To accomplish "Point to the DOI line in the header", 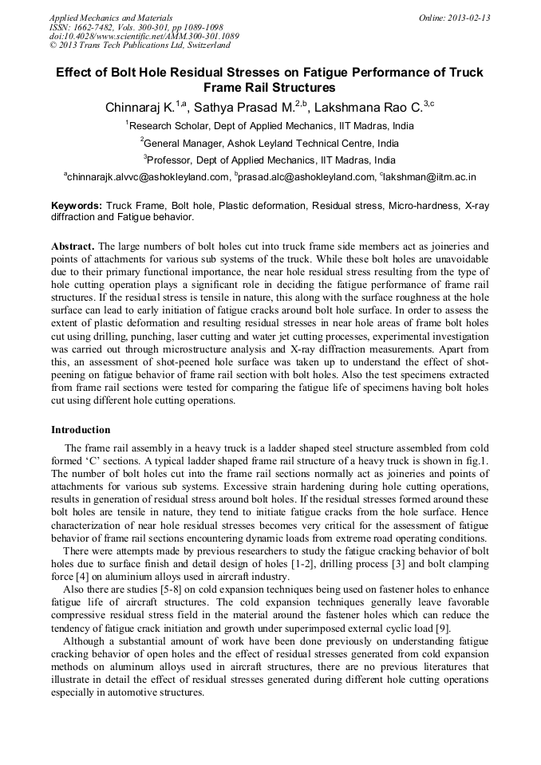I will tap(144, 37).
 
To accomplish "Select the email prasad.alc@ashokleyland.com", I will tap(306, 177).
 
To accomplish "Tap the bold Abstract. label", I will tap(73, 246).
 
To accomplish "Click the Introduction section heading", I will tap(81, 430).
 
